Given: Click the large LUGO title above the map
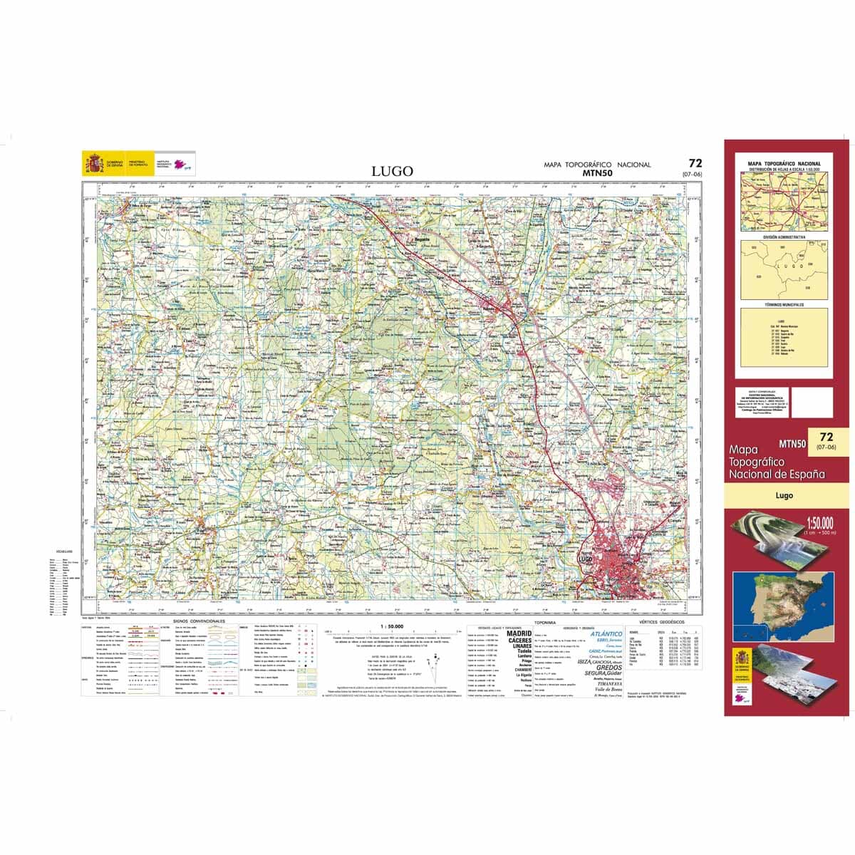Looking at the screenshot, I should click(x=392, y=171).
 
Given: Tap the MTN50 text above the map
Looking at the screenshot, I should click(x=596, y=172).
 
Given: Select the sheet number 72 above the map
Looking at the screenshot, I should click(x=695, y=163).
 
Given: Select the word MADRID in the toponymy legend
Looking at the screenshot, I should click(x=519, y=633).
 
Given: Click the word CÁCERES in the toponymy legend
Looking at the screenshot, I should click(x=520, y=640).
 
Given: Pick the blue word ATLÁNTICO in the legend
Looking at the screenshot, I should click(x=606, y=633).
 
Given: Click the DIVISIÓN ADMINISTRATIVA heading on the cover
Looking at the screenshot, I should click(x=784, y=237).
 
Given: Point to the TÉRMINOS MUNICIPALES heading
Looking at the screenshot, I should click(x=784, y=305).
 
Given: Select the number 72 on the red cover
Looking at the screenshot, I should click(x=826, y=437).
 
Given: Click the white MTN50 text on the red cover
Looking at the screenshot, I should click(x=792, y=443).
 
